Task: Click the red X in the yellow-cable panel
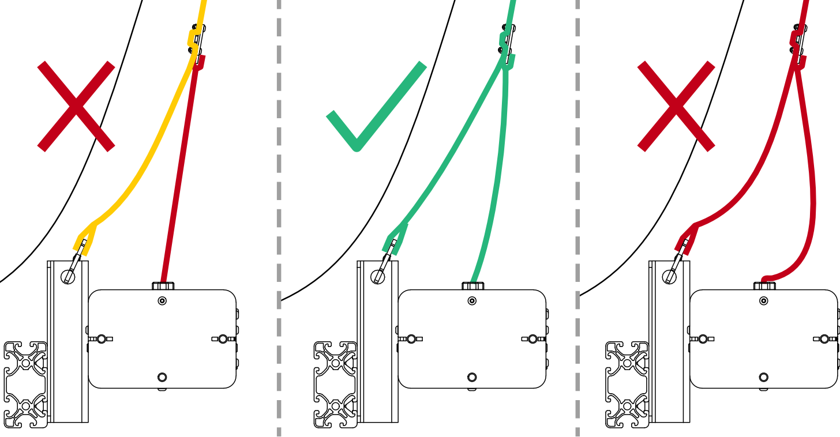[76, 107]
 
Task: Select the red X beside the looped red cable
[676, 107]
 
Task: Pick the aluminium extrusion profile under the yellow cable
[25, 384]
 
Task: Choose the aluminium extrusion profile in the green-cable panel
[335, 384]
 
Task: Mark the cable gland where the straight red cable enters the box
[163, 285]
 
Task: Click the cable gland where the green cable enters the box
[472, 285]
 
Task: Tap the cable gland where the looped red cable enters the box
[764, 285]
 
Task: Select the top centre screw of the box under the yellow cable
[162, 300]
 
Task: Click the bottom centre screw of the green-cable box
[472, 377]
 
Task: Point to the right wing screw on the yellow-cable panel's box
[223, 338]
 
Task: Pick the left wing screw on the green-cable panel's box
[411, 338]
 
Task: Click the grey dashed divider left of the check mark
[279, 219]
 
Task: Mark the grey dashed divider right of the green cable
[577, 219]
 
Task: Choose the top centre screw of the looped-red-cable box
[764, 300]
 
